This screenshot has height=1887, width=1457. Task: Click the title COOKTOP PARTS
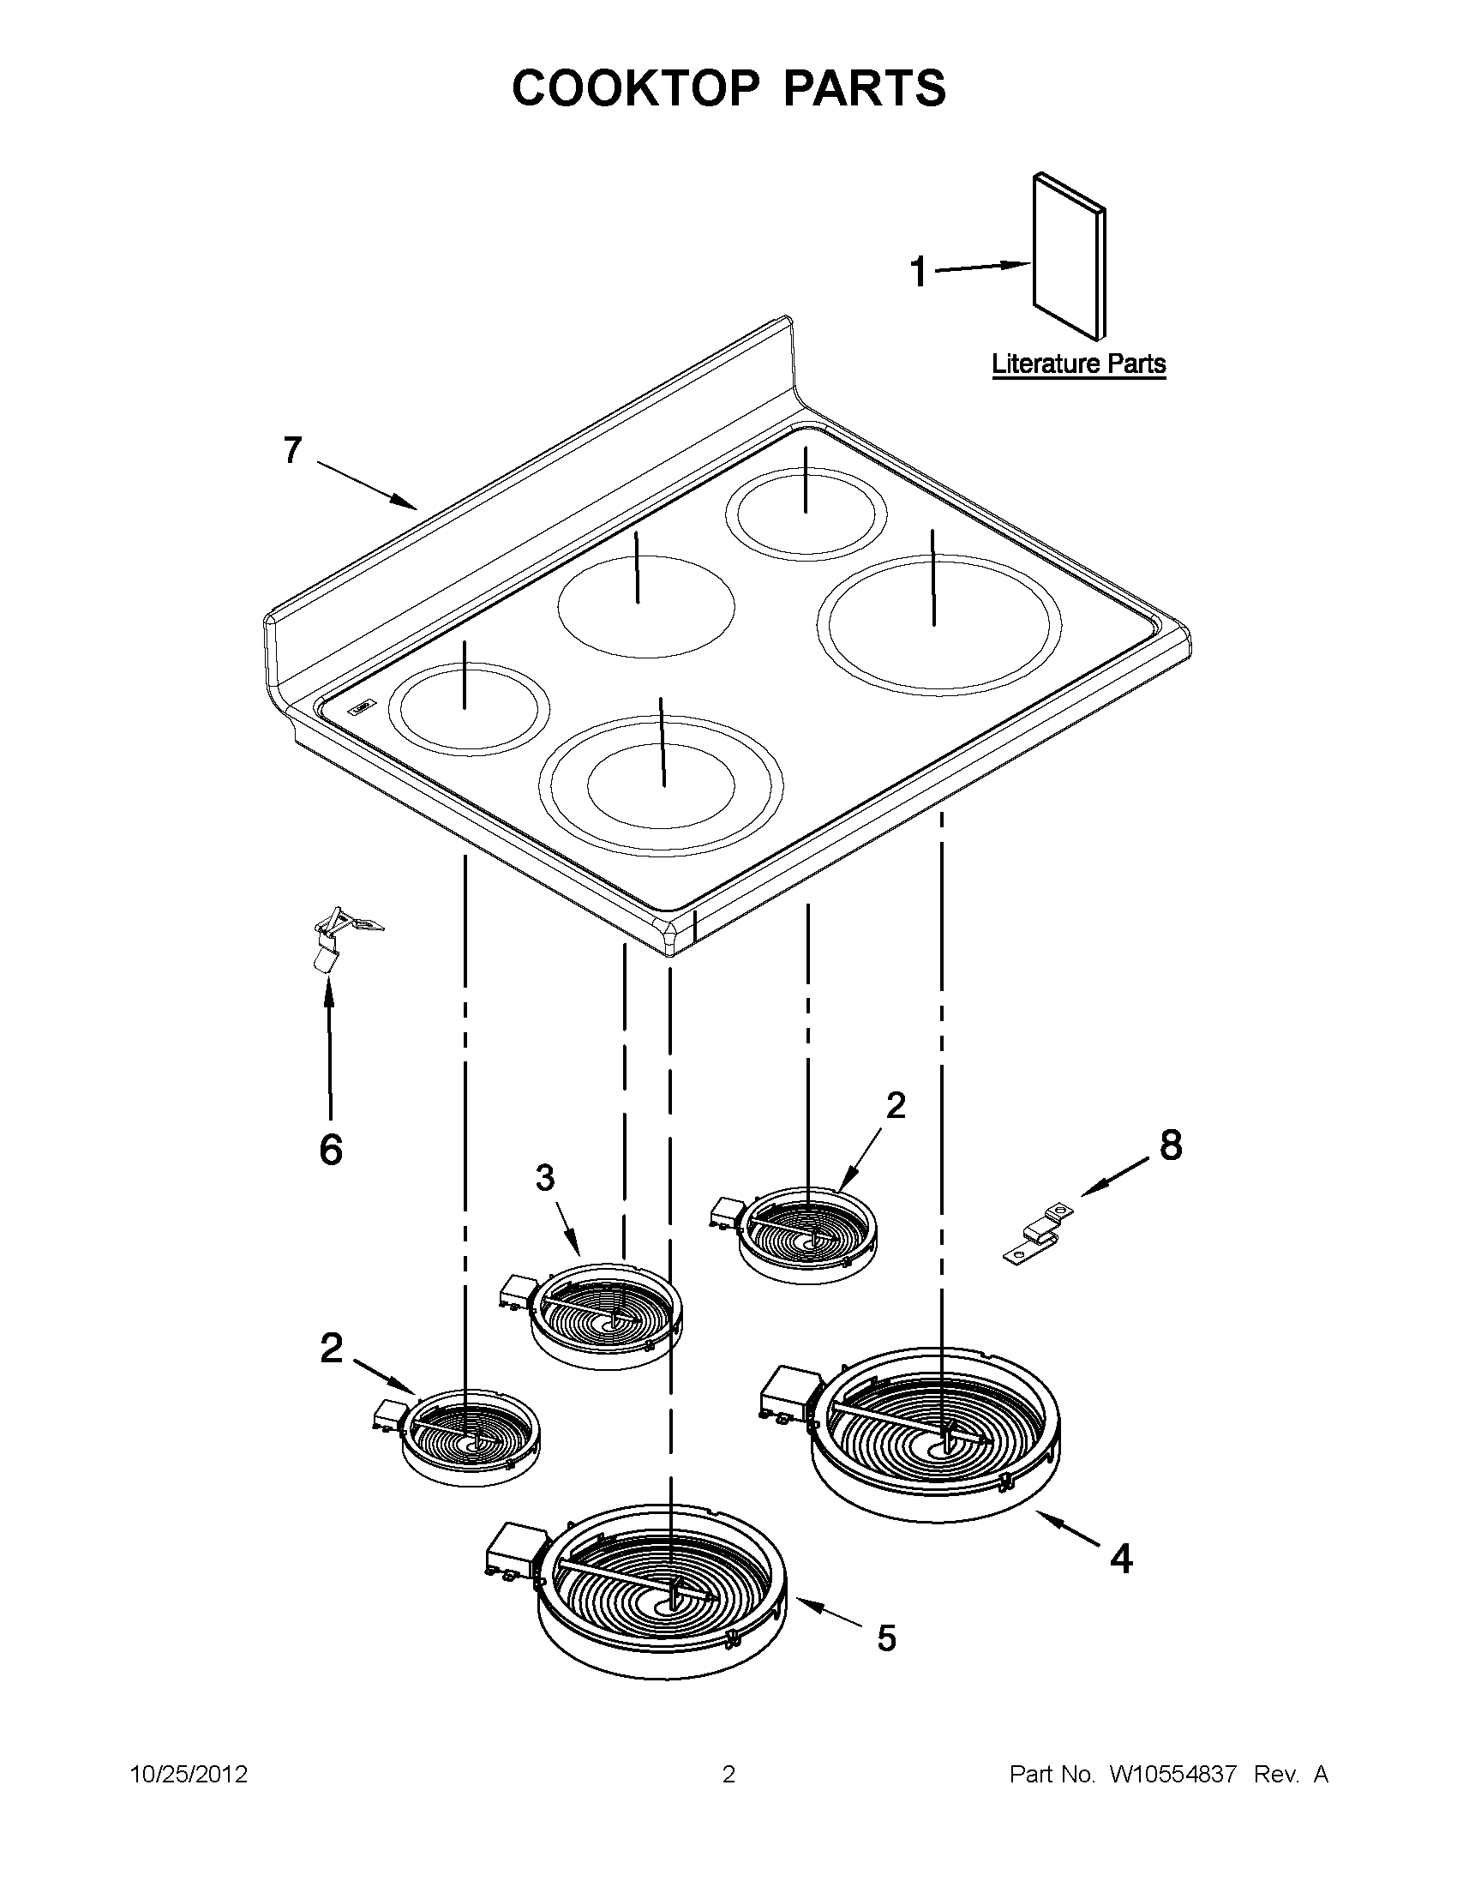[x=728, y=88]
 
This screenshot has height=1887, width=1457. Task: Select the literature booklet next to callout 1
[x=1069, y=256]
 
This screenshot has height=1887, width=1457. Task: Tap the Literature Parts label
[x=1079, y=364]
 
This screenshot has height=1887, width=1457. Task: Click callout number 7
[x=293, y=450]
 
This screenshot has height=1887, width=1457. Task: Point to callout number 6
[x=331, y=1150]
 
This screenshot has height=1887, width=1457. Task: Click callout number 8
[x=1170, y=1145]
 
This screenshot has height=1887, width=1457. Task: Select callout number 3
[x=544, y=1177]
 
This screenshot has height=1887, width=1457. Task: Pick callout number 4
[x=1120, y=1559]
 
